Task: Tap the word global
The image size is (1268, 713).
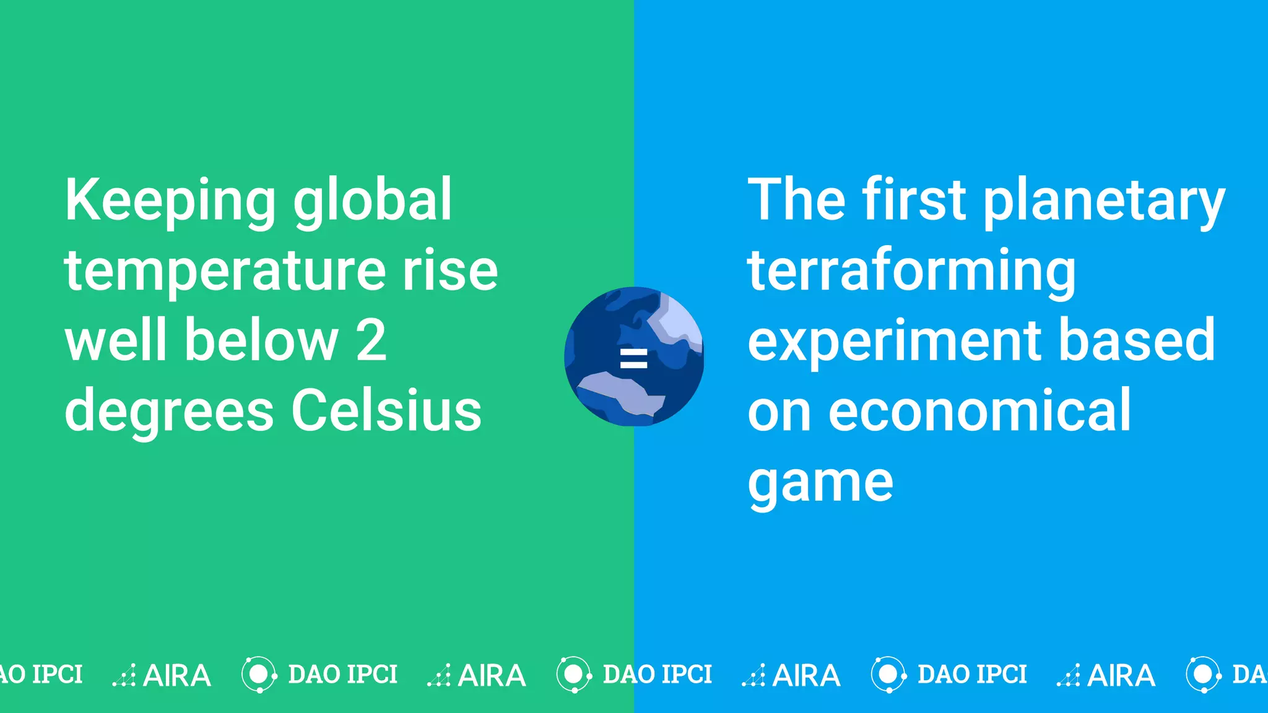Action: (x=372, y=201)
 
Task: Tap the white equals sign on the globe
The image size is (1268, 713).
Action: (x=633, y=358)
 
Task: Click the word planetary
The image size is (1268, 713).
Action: (x=1104, y=201)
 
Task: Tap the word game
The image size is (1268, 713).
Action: (x=820, y=483)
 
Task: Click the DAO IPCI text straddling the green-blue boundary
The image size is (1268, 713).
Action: (x=657, y=674)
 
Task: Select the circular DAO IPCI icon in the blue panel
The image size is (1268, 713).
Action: (x=888, y=674)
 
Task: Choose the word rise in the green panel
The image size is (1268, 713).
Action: (x=450, y=272)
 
